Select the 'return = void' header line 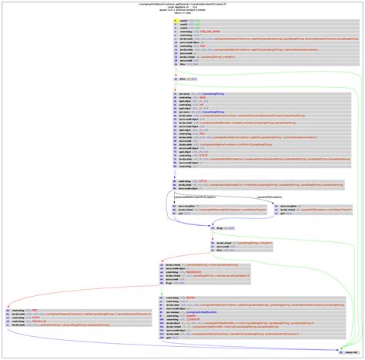[182, 14]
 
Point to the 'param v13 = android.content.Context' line [182, 10]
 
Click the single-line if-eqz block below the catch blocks [219, 228]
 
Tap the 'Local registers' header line [182, 6]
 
